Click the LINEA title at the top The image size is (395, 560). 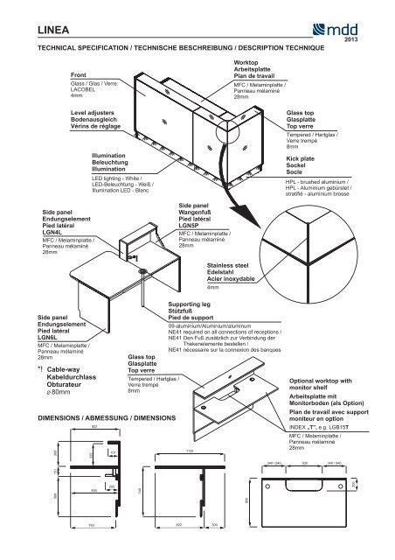click(x=50, y=31)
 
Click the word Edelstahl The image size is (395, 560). click(x=223, y=271)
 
